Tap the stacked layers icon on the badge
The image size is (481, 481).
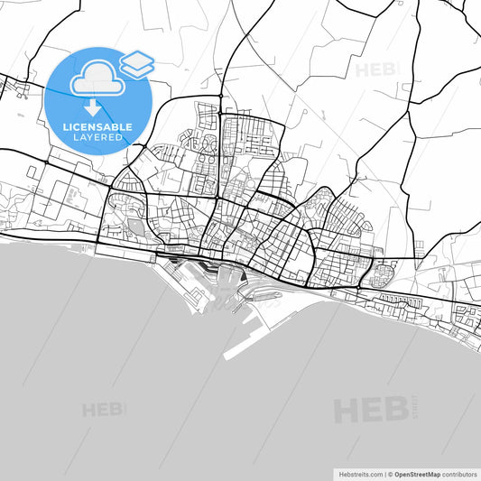pos(137,63)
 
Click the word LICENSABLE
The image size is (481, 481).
pos(97,127)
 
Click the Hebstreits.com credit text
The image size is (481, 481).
pos(359,474)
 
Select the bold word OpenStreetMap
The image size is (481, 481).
pos(415,474)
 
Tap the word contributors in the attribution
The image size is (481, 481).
pos(460,474)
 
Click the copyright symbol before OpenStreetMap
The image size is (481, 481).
pos(389,474)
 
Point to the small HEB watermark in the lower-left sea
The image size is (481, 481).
pos(103,411)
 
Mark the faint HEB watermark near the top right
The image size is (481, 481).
pos(375,69)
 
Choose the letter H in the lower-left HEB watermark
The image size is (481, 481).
pos(90,411)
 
